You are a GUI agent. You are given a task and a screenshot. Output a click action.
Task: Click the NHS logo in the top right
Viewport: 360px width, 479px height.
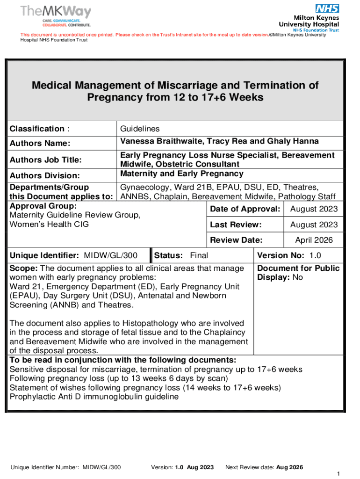coord(327,8)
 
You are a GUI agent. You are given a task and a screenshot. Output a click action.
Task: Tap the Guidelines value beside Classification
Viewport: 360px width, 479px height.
coord(140,129)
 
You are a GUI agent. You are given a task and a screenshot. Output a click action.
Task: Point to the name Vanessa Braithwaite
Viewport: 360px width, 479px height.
coord(159,141)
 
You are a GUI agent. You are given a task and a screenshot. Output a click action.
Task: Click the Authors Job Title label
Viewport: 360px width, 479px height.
coord(46,160)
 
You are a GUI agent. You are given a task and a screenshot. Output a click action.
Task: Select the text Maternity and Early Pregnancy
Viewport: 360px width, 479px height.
coord(182,174)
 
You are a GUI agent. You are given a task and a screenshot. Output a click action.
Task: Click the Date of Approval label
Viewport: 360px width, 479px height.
coord(245,209)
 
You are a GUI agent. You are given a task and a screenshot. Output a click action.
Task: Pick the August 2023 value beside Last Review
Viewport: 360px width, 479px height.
coord(314,225)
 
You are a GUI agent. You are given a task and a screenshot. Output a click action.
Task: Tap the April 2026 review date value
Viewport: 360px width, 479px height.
coord(314,240)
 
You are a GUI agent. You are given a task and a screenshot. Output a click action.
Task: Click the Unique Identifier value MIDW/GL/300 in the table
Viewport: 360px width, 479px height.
coord(110,255)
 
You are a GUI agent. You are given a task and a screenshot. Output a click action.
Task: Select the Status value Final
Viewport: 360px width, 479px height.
coord(199,255)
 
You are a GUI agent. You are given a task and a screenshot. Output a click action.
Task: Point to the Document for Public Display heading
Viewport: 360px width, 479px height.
coord(298,273)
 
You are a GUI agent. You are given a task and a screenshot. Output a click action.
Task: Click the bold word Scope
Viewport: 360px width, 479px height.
coord(23,269)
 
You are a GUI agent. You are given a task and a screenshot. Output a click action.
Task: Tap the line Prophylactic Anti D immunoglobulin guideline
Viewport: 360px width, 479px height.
coord(94,397)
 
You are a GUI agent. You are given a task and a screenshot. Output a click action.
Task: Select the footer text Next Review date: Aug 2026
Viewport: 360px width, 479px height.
coord(264,467)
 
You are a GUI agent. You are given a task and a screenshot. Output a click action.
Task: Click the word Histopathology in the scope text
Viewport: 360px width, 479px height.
coord(152,323)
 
